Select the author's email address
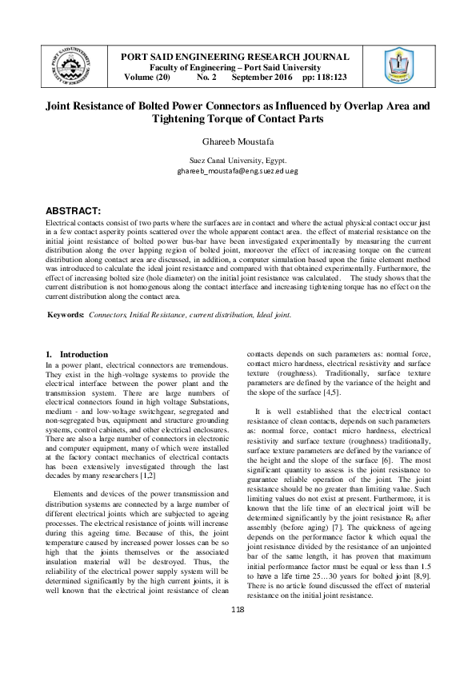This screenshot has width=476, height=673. click(238, 171)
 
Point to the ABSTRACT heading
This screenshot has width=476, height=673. click(72, 210)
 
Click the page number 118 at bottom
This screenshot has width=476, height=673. click(237, 655)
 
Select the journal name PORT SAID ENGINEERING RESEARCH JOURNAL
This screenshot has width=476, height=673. click(234, 57)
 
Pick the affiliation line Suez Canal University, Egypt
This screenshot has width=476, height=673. click(238, 161)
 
